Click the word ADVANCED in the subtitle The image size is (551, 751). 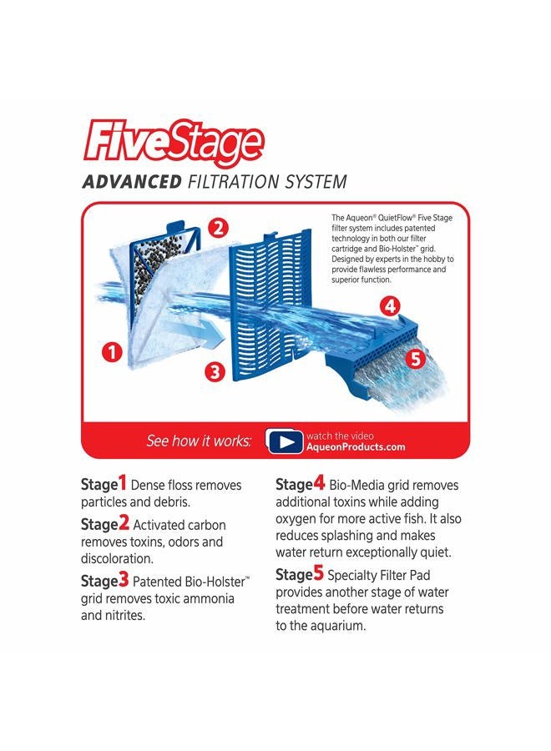(131, 182)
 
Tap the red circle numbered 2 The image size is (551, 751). (218, 227)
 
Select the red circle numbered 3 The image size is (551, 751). (215, 372)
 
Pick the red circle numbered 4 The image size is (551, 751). (389, 305)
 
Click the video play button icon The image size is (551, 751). (285, 441)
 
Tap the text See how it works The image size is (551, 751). (199, 441)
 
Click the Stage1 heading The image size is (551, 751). (104, 484)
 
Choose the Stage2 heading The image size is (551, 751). (104, 524)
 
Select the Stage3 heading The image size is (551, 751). (104, 581)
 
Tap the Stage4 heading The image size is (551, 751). (300, 484)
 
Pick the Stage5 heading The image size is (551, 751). (300, 574)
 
